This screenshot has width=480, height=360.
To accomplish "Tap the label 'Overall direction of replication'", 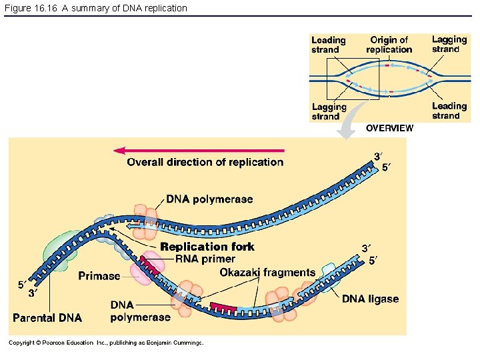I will coord(205,162).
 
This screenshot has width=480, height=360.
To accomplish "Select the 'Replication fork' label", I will coord(207,247).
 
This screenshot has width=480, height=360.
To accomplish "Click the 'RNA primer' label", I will coord(205,259).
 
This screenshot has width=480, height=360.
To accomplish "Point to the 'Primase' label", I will coord(99,276).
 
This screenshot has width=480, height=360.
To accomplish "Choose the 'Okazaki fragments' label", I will coord(267,272).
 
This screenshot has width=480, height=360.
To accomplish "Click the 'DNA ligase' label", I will coord(370,299).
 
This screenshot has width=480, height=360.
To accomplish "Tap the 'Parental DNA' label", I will coord(47,317).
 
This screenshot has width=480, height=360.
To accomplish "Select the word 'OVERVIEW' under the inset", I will coord(389,128).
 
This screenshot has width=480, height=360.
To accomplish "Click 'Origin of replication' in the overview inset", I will coord(389,45).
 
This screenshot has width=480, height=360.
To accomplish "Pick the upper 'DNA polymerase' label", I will coord(209,199).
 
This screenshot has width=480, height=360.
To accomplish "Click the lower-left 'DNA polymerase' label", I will coord(140,311).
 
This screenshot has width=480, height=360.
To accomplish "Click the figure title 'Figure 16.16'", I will coord(31,8).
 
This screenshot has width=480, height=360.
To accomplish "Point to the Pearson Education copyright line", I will coord(105,343).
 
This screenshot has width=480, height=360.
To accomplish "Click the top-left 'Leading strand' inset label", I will coord(329,45).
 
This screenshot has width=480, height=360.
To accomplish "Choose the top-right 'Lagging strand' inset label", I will coord(449,44).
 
